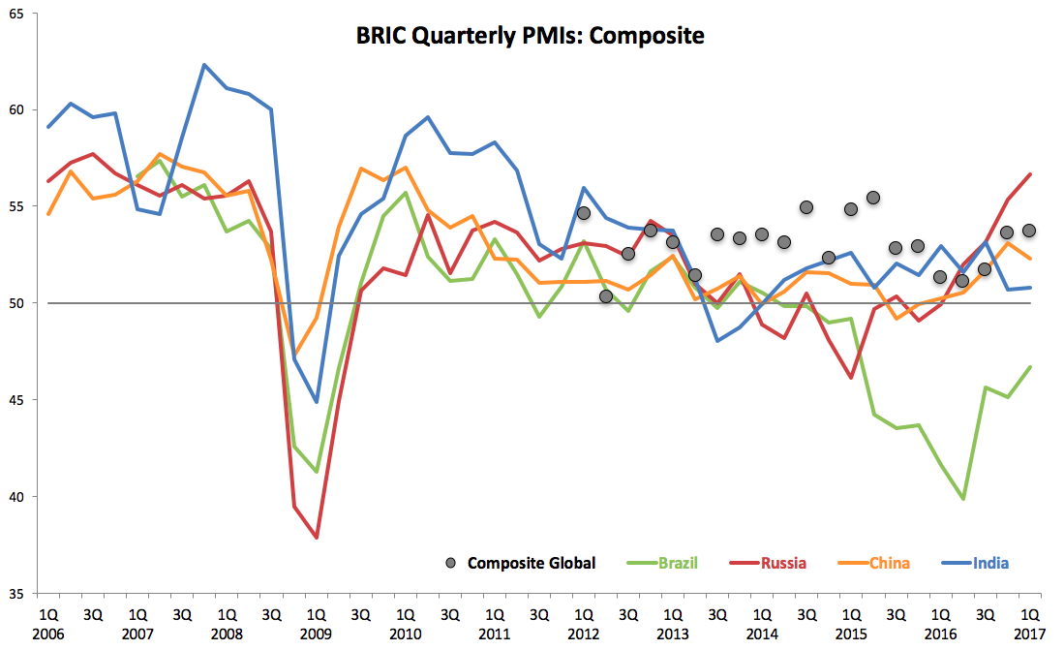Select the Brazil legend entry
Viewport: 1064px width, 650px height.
[x=678, y=563]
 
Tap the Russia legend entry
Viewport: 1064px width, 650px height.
[x=783, y=563]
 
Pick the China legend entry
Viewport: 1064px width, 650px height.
[x=888, y=563]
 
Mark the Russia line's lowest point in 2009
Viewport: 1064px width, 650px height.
[x=317, y=538]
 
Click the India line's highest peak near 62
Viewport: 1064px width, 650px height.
[x=204, y=65]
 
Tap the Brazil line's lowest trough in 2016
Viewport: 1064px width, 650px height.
[x=963, y=499]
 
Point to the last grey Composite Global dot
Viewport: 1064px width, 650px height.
[x=1029, y=231]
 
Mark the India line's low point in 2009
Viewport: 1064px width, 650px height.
[x=317, y=402]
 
